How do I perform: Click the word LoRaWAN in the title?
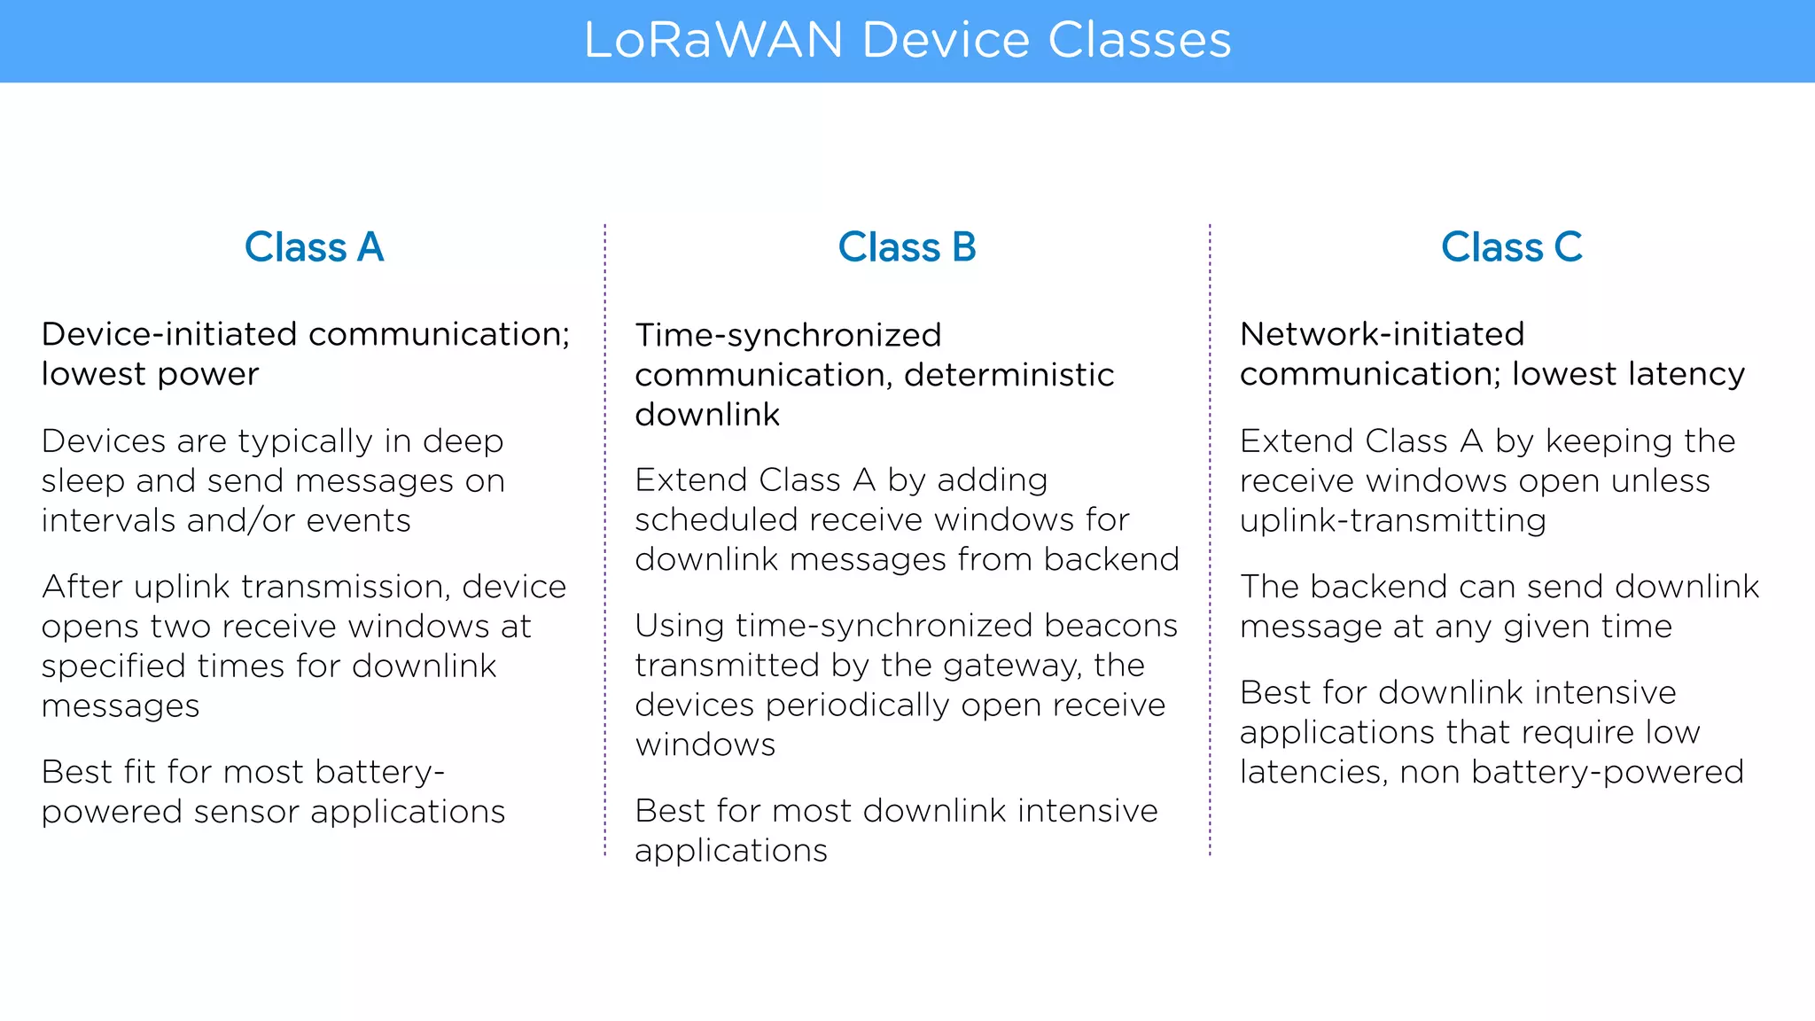[x=713, y=41]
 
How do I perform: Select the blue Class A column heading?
[x=314, y=247]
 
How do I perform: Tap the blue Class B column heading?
[x=907, y=247]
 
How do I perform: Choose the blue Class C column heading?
[x=1511, y=247]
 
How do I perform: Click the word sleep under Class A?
[x=82, y=480]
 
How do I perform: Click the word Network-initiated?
[x=1382, y=334]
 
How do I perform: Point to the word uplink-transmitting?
[x=1392, y=520]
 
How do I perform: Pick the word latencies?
[x=1313, y=772]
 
